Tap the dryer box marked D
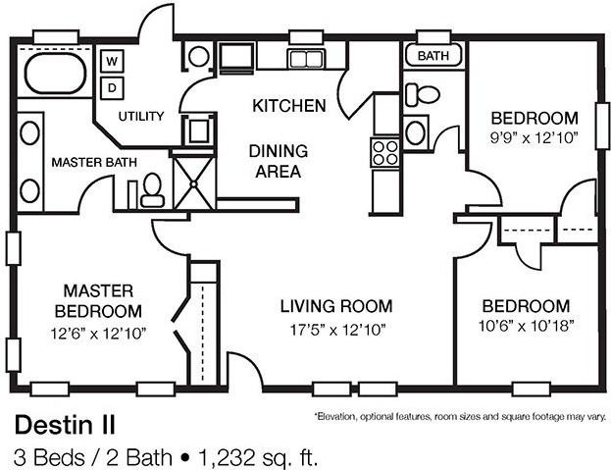tap(112, 86)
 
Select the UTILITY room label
tap(141, 116)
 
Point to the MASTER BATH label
tap(94, 162)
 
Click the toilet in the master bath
tap(152, 189)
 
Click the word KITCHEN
tap(288, 105)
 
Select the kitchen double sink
tap(309, 59)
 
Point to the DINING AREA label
tap(278, 161)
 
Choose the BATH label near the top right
tap(433, 56)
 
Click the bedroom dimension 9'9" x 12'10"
tap(531, 137)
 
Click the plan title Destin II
tap(64, 424)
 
